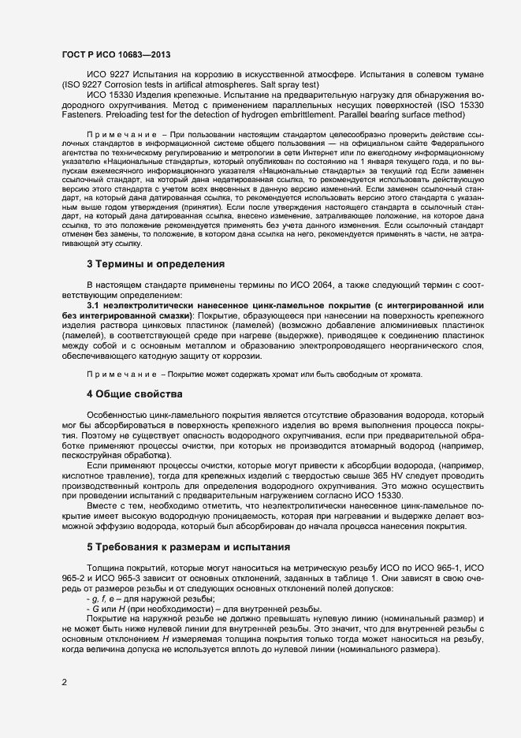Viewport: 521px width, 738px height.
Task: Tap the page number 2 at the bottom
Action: coord(64,680)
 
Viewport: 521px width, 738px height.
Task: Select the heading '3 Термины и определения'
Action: coord(155,263)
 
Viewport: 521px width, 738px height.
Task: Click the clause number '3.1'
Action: coord(93,304)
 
